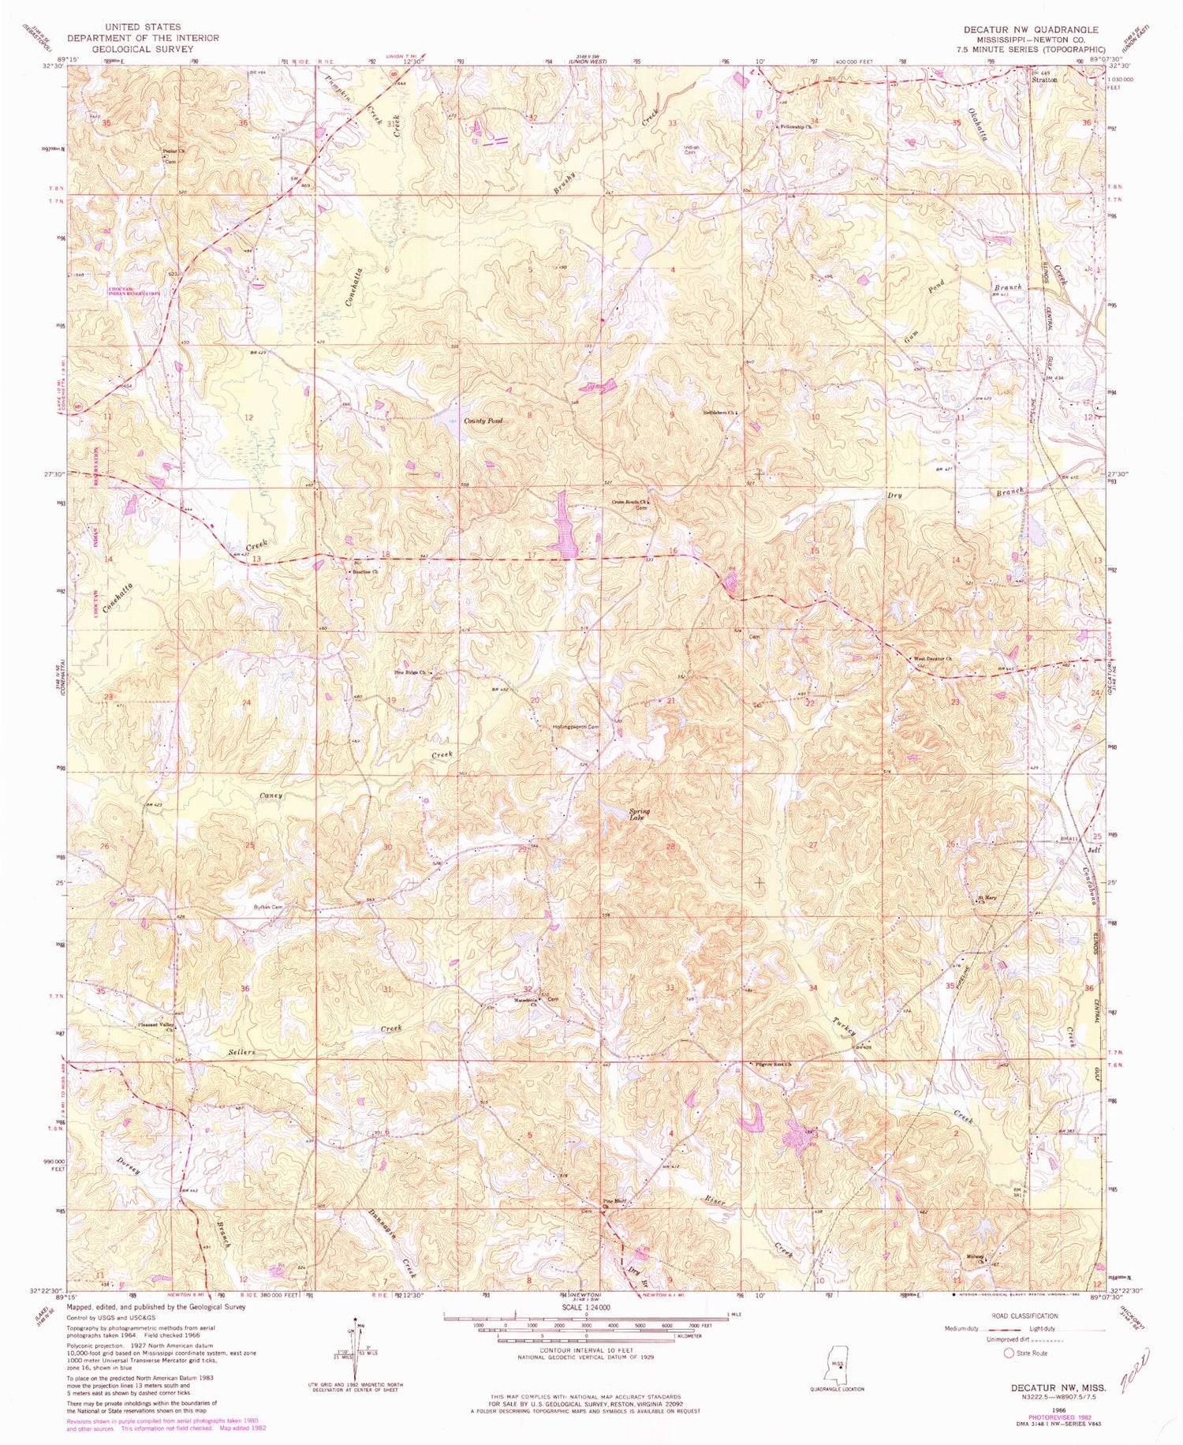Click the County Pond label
(483, 421)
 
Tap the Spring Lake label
(636, 814)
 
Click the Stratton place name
(1044, 80)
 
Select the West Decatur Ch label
(933, 659)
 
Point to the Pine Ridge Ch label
(410, 672)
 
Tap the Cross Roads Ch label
(631, 502)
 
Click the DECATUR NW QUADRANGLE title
(1030, 29)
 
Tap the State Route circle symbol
(1009, 1353)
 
